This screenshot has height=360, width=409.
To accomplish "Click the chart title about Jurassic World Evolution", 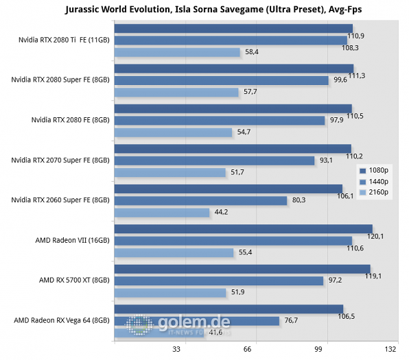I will pyautogui.click(x=204, y=9).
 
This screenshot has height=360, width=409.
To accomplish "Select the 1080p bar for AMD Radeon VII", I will pyautogui.click(x=244, y=228).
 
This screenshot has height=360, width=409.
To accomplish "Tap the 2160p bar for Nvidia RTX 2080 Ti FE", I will pyautogui.click(x=177, y=52).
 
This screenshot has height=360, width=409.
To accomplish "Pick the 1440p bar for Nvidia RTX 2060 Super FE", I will pyautogui.click(x=200, y=200).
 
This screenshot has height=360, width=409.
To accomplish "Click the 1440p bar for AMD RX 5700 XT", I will pyautogui.click(x=219, y=280).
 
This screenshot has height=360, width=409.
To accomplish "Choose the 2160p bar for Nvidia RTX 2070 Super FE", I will pyautogui.click(x=170, y=172).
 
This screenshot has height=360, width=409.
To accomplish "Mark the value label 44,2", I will pyautogui.click(x=222, y=213).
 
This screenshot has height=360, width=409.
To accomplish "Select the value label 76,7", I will pyautogui.click(x=292, y=321).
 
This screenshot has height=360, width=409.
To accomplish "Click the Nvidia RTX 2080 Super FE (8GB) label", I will pyautogui.click(x=60, y=80).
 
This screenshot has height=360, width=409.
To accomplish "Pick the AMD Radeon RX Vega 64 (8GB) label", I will pyautogui.click(x=62, y=320).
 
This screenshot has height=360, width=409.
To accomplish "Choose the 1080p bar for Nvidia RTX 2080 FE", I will pyautogui.click(x=233, y=108).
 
